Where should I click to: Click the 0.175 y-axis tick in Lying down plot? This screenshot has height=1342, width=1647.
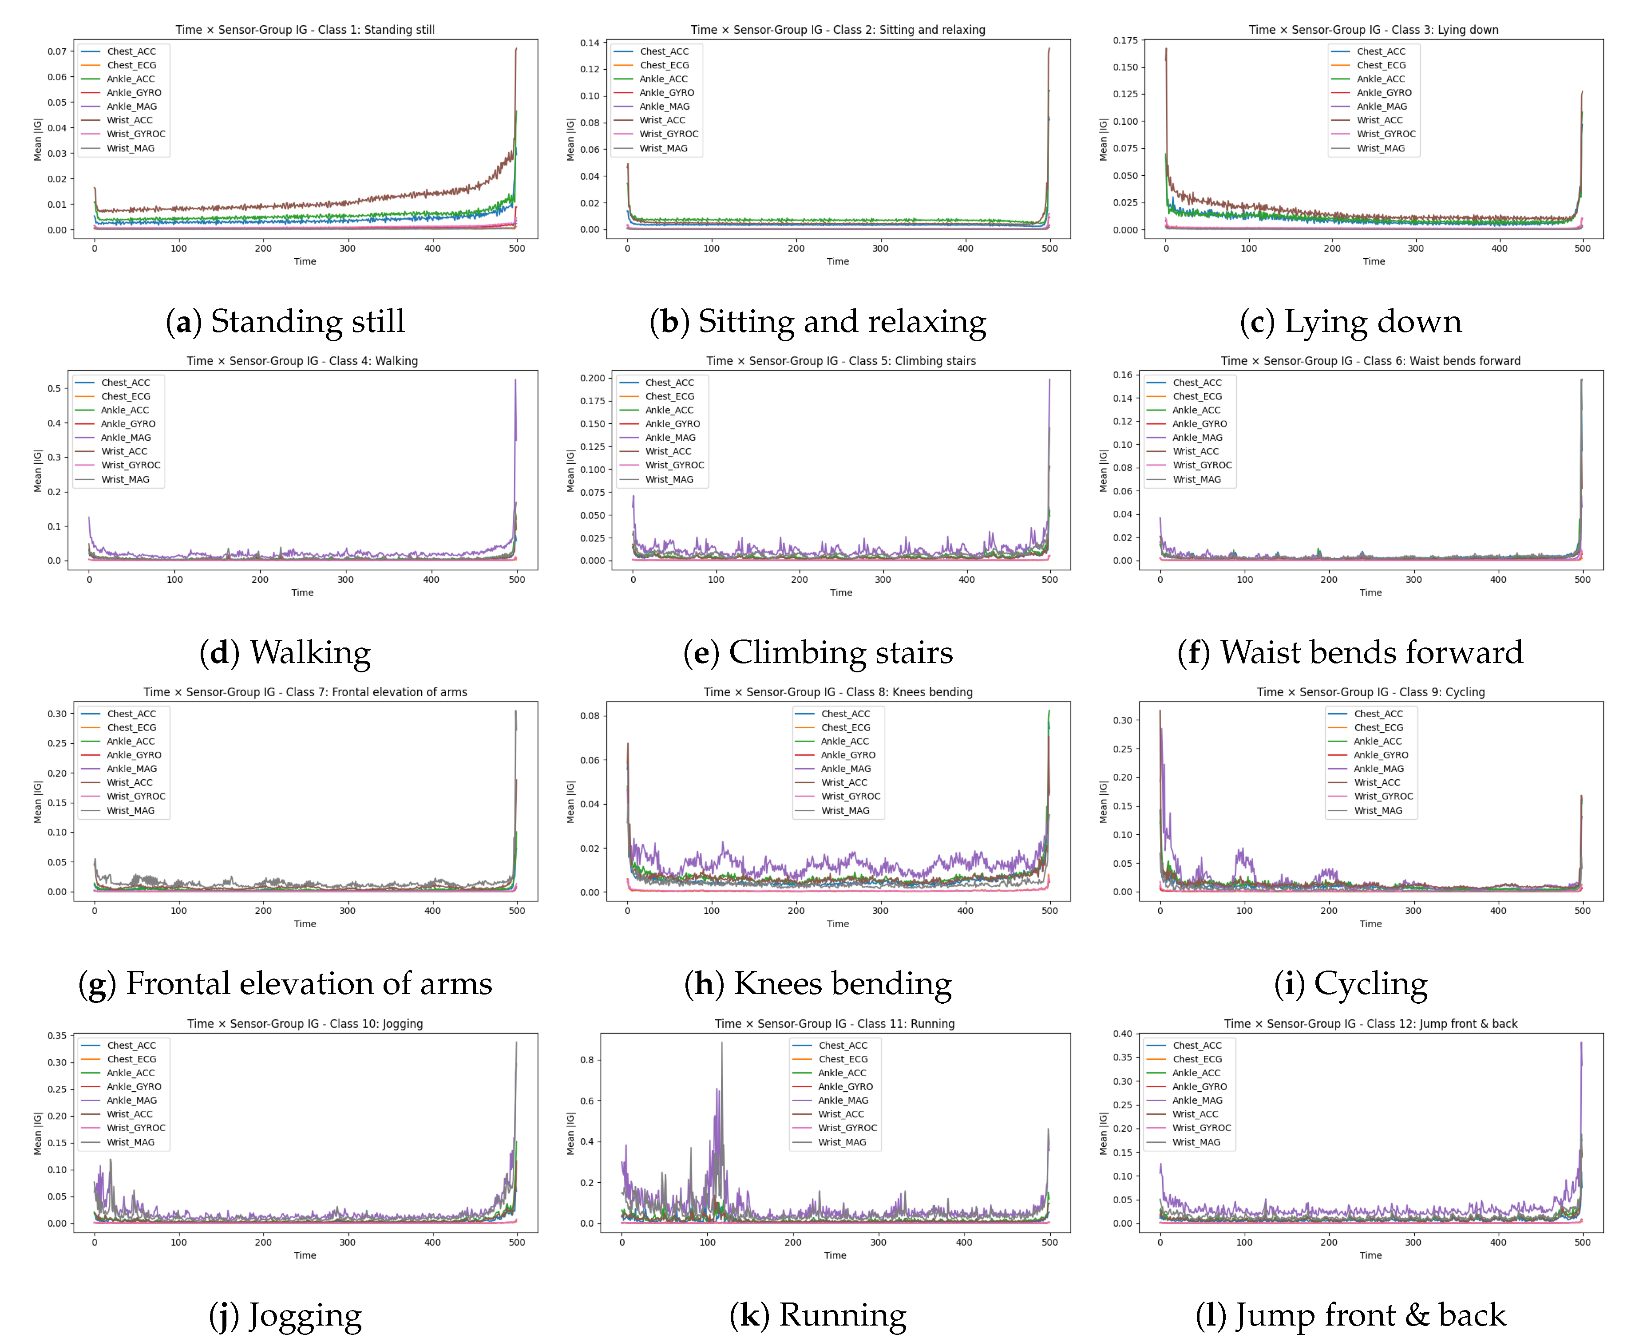(1125, 40)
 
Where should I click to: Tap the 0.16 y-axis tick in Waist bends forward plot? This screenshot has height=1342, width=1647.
(1122, 375)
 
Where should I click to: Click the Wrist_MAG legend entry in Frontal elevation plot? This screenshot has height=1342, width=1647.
(130, 811)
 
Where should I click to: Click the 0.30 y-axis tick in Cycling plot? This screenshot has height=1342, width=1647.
(1122, 720)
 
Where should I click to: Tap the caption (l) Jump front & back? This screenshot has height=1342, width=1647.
(1350, 1315)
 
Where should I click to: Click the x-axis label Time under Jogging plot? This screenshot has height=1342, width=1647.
(305, 1255)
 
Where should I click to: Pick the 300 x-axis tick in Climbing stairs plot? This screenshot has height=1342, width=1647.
(882, 580)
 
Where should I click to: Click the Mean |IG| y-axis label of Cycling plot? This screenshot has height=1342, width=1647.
(1104, 801)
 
